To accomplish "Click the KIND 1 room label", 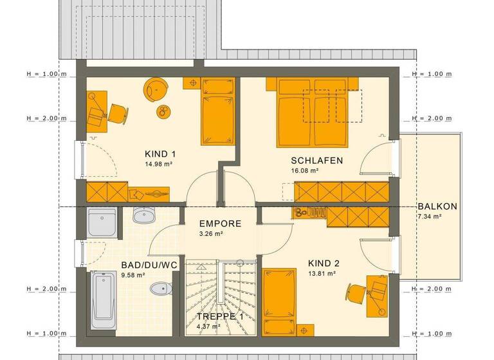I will (x=161, y=154).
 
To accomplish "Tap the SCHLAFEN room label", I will (x=316, y=161).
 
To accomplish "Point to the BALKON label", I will (x=437, y=206).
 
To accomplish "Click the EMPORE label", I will (x=220, y=224).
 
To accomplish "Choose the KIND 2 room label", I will (x=323, y=264).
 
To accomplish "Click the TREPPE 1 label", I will (x=220, y=316).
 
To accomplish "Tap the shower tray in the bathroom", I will (x=102, y=222).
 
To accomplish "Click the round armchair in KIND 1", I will (x=156, y=89).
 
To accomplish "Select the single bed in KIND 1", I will (x=217, y=111).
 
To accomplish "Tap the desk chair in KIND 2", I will (x=355, y=291).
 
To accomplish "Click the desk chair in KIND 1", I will (x=117, y=113).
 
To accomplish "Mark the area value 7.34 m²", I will (x=429, y=217).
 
